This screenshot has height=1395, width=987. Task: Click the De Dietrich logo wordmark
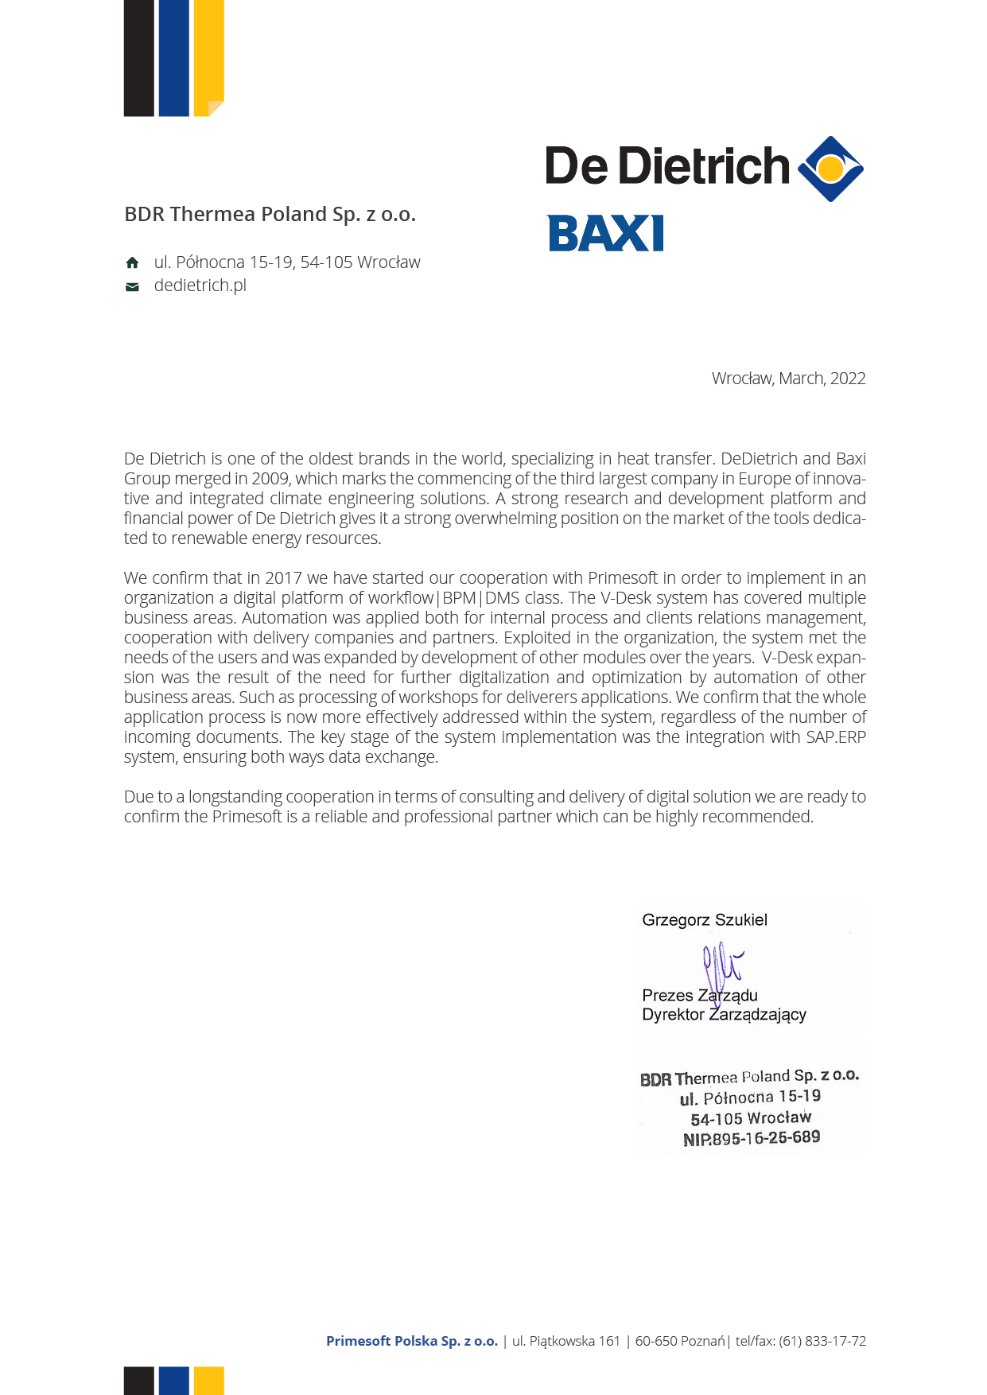click(x=666, y=166)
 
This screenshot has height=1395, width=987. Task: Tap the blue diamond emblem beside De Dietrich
click(x=830, y=169)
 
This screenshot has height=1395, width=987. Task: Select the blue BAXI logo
click(x=605, y=233)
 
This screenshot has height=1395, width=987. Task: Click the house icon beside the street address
click(x=132, y=262)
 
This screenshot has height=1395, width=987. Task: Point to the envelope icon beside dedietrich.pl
click(x=132, y=286)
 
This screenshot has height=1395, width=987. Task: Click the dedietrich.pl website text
click(x=200, y=286)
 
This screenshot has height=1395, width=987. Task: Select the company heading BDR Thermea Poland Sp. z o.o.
click(x=270, y=214)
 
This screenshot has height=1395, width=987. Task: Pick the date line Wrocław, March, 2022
click(x=788, y=379)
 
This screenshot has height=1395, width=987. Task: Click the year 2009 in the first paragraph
click(x=271, y=479)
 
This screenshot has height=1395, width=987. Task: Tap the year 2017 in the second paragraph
click(x=283, y=578)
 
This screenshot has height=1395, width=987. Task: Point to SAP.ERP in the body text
click(x=835, y=737)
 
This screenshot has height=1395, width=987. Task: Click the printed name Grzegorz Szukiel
click(x=705, y=920)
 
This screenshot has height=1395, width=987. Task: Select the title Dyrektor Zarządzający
click(x=724, y=1015)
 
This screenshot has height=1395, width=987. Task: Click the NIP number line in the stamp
click(x=752, y=1138)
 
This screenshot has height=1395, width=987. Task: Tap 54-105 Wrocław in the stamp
click(x=751, y=1117)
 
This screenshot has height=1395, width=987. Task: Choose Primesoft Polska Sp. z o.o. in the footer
click(x=412, y=1341)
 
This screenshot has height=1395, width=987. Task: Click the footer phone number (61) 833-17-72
click(x=822, y=1341)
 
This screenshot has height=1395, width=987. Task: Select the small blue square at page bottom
click(x=173, y=1380)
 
